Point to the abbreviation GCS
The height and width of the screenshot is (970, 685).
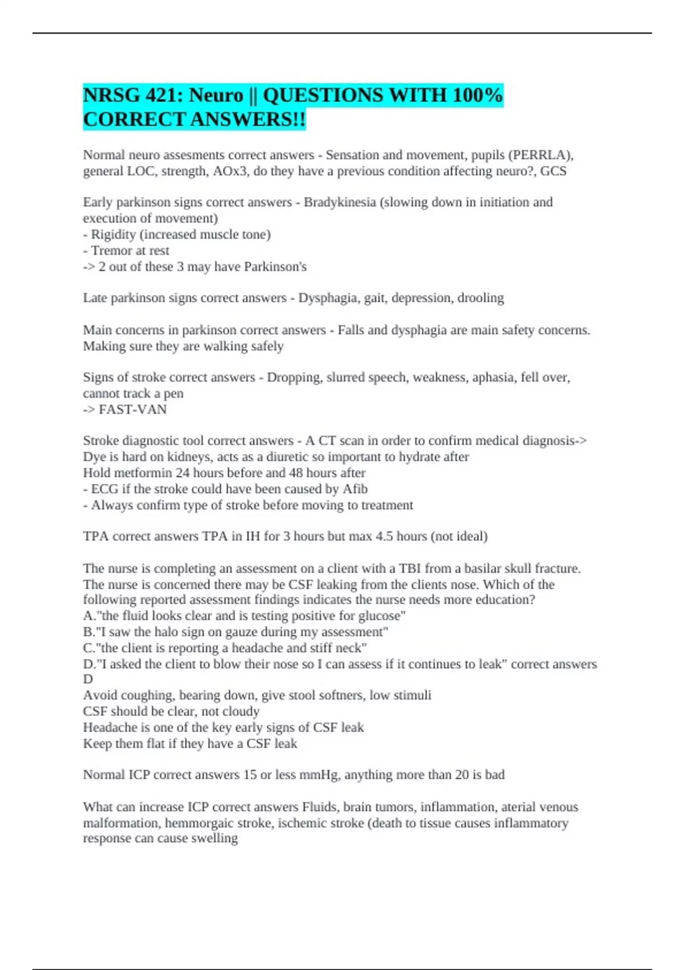pos(553,171)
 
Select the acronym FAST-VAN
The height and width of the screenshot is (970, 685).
pos(132,410)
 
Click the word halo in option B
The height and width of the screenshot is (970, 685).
pos(176,632)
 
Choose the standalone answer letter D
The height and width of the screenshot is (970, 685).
pos(88,680)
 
